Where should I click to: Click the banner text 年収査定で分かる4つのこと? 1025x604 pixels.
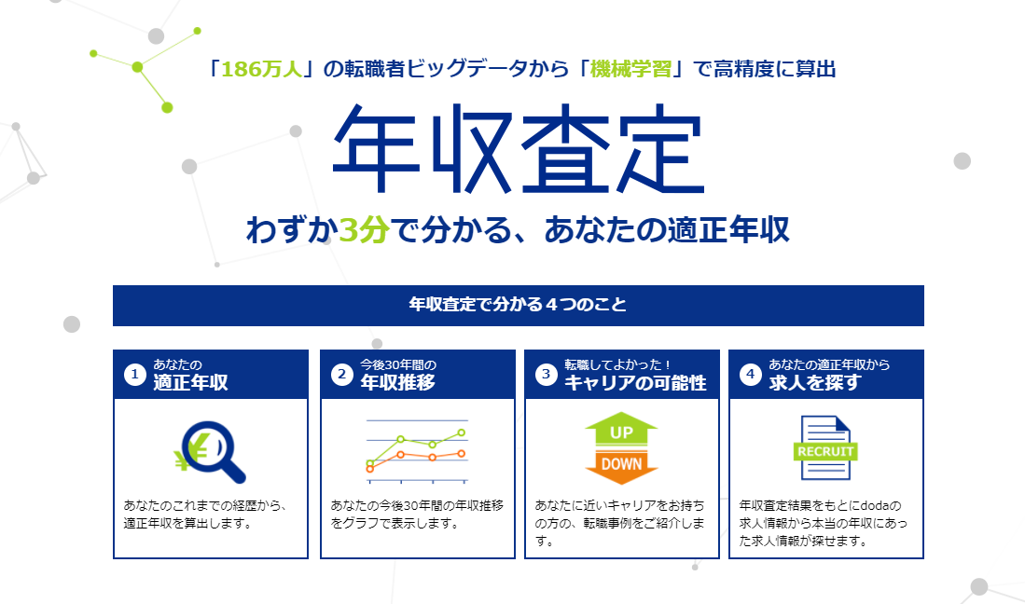click(x=518, y=305)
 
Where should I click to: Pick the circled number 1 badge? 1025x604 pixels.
click(x=135, y=375)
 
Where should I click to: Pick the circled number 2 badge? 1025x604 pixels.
click(x=342, y=375)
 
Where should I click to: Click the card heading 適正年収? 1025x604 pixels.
click(x=191, y=382)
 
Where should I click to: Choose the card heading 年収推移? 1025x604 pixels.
click(x=398, y=382)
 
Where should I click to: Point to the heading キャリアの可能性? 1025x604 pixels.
click(x=635, y=382)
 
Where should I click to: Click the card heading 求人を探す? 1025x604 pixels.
click(x=802, y=382)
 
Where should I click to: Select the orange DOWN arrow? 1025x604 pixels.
click(x=622, y=464)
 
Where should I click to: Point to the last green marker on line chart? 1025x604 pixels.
click(x=462, y=433)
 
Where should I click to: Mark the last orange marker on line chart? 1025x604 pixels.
click(x=462, y=453)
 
